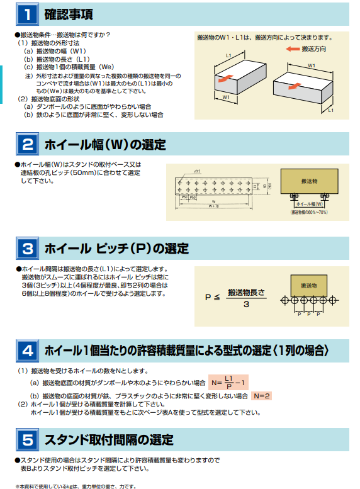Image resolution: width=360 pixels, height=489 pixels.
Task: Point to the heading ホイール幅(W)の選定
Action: coord(105,145)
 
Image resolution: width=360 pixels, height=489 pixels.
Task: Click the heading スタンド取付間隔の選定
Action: coord(108,439)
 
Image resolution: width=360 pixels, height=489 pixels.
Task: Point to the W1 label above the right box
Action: coord(312,65)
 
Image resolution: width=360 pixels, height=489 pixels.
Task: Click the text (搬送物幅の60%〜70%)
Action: coord(309,213)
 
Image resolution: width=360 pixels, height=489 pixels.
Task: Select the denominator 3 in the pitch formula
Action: coord(246,304)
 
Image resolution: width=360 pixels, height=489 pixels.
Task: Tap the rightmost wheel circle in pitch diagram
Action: coord(327,300)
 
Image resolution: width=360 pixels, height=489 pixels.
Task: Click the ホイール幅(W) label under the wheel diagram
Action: coord(310,205)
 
